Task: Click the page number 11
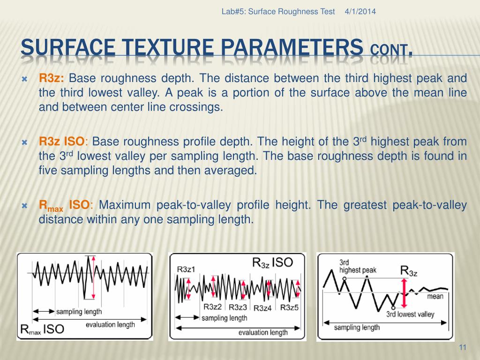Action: point(463,347)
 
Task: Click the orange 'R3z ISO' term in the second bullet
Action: point(62,142)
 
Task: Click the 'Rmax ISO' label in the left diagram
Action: point(42,329)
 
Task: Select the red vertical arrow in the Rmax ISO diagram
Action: point(93,277)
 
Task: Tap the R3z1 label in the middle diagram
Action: point(186,269)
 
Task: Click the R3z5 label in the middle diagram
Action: point(289,307)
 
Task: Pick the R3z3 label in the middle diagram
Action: point(238,307)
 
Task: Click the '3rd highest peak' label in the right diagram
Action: point(357,266)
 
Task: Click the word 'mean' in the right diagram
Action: point(435,297)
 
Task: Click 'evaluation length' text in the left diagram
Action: point(110,324)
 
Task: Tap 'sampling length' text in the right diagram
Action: point(357,327)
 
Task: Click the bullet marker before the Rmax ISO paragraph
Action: point(26,205)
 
